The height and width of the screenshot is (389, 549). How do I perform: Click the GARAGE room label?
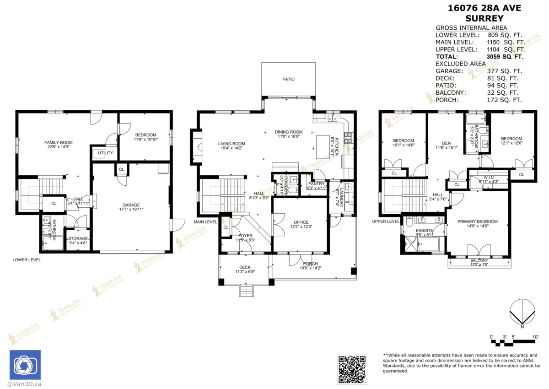click(131, 205)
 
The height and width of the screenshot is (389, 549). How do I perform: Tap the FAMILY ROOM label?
click(58, 142)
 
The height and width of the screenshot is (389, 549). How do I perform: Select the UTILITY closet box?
click(104, 153)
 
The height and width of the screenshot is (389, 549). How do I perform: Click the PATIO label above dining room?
click(288, 79)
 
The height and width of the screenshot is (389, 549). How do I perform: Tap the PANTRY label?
click(316, 184)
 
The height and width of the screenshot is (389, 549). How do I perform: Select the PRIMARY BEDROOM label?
click(478, 222)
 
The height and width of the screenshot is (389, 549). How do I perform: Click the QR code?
click(352, 369)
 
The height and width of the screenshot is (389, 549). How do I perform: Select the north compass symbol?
click(522, 313)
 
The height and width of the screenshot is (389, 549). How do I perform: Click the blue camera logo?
click(25, 365)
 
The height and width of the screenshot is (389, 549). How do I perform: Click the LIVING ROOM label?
click(231, 143)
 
